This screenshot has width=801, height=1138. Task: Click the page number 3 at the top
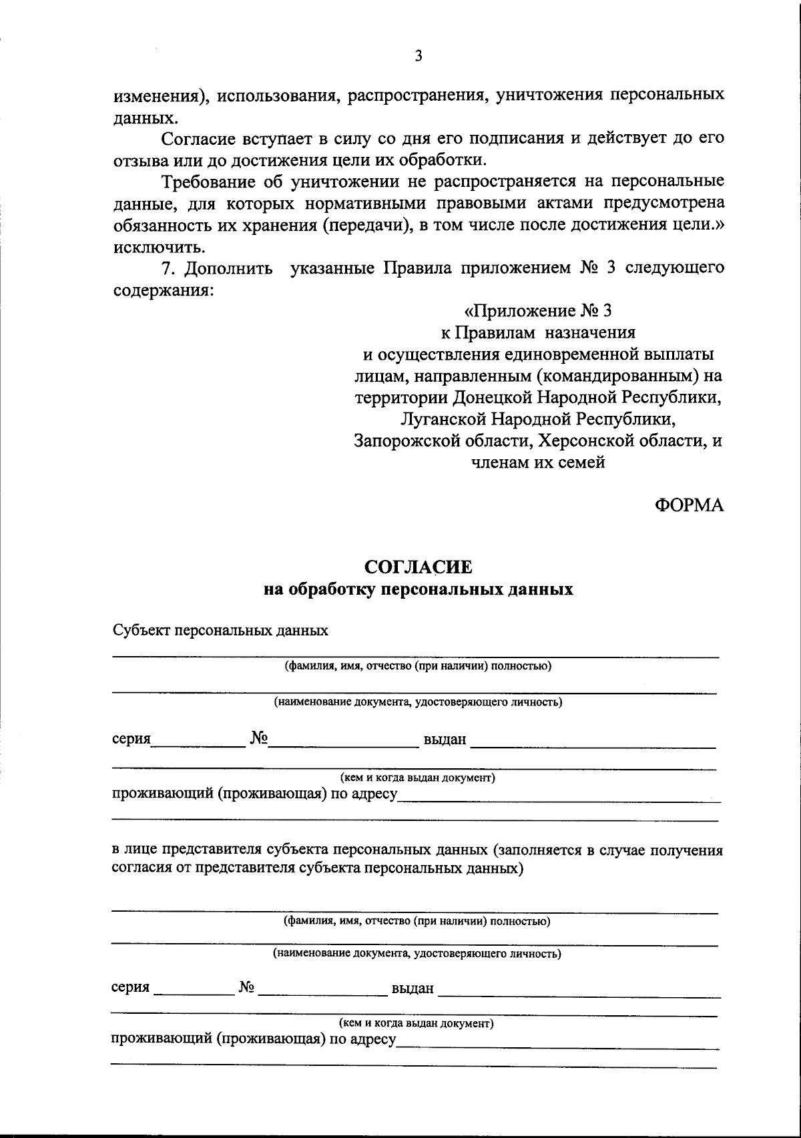click(418, 57)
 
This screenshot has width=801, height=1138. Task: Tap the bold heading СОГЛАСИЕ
click(418, 567)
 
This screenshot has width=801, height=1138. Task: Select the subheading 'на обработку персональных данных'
click(418, 589)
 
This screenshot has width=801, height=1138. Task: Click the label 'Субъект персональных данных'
click(220, 630)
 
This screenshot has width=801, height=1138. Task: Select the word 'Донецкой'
click(495, 397)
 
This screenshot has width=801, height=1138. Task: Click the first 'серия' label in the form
click(131, 740)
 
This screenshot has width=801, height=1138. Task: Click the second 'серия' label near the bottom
click(131, 987)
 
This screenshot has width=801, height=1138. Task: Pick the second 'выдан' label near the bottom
click(413, 988)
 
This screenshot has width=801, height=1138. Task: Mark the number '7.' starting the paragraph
click(171, 268)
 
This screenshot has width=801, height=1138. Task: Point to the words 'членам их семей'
click(537, 462)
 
